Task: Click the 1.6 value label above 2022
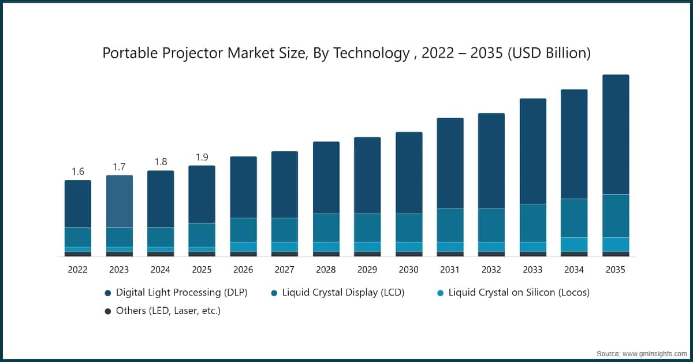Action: [78, 171]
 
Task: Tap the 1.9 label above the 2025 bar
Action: [202, 157]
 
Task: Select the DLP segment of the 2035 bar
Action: [616, 134]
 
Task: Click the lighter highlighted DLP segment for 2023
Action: [119, 201]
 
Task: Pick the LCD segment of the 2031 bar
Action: [450, 225]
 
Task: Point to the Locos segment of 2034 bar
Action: [574, 244]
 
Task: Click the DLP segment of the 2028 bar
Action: [326, 177]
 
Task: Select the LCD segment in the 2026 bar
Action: [243, 230]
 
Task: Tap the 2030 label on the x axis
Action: [408, 270]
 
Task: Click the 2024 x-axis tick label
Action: [160, 270]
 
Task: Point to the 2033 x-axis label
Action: [532, 270]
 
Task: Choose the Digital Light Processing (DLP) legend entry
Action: [181, 293]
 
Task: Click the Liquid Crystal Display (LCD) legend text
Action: [343, 293]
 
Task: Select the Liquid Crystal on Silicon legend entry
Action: [519, 293]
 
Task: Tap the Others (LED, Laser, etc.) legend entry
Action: [168, 311]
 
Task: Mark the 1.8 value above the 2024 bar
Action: [160, 162]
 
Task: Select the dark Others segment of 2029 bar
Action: [367, 254]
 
